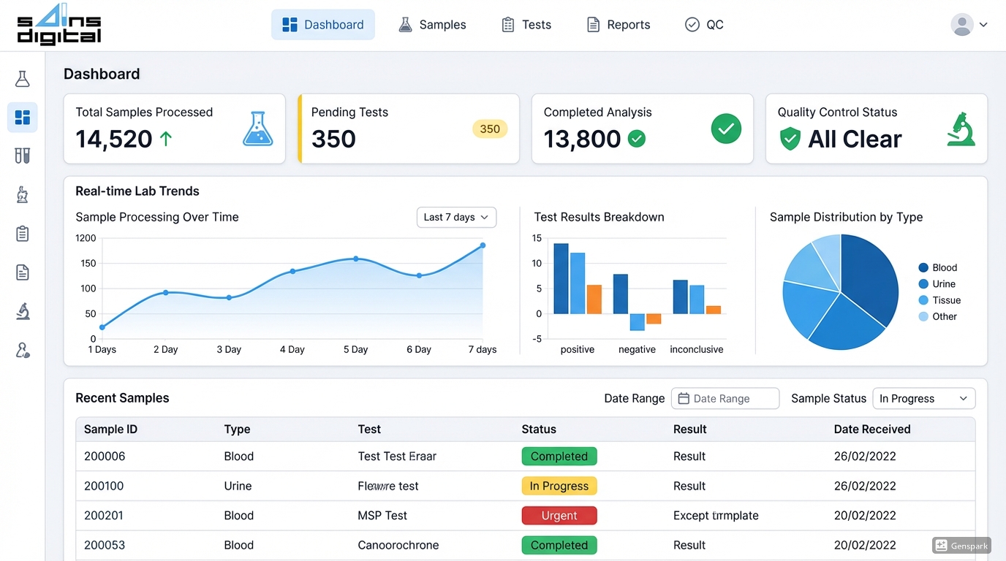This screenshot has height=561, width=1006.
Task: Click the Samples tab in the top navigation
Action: coord(432,25)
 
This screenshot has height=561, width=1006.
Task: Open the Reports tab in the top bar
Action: coord(619,25)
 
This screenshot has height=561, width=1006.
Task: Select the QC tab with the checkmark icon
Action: coord(704,25)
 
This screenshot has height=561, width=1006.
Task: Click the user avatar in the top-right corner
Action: coord(962,25)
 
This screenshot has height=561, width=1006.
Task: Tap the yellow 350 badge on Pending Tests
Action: coord(490,129)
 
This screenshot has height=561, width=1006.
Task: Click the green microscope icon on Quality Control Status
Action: coord(961,129)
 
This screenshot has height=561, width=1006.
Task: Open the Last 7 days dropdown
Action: coord(456,217)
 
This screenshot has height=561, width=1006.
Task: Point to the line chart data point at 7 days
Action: coord(483,245)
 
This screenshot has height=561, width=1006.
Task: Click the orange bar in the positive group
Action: coord(594,299)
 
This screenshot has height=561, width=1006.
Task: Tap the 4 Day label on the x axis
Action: coord(292,350)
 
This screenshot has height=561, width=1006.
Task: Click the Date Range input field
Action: coord(725,398)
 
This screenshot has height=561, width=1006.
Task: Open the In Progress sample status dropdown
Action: coord(923,398)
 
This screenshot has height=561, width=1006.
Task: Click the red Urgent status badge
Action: coord(559,516)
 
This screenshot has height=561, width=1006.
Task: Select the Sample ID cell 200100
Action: coord(104,486)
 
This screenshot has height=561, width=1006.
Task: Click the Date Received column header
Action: coord(871,430)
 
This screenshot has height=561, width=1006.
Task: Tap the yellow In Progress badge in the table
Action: coord(559,486)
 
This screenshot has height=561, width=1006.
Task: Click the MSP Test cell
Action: coord(382,516)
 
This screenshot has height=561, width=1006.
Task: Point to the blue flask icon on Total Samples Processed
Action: coord(257,129)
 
